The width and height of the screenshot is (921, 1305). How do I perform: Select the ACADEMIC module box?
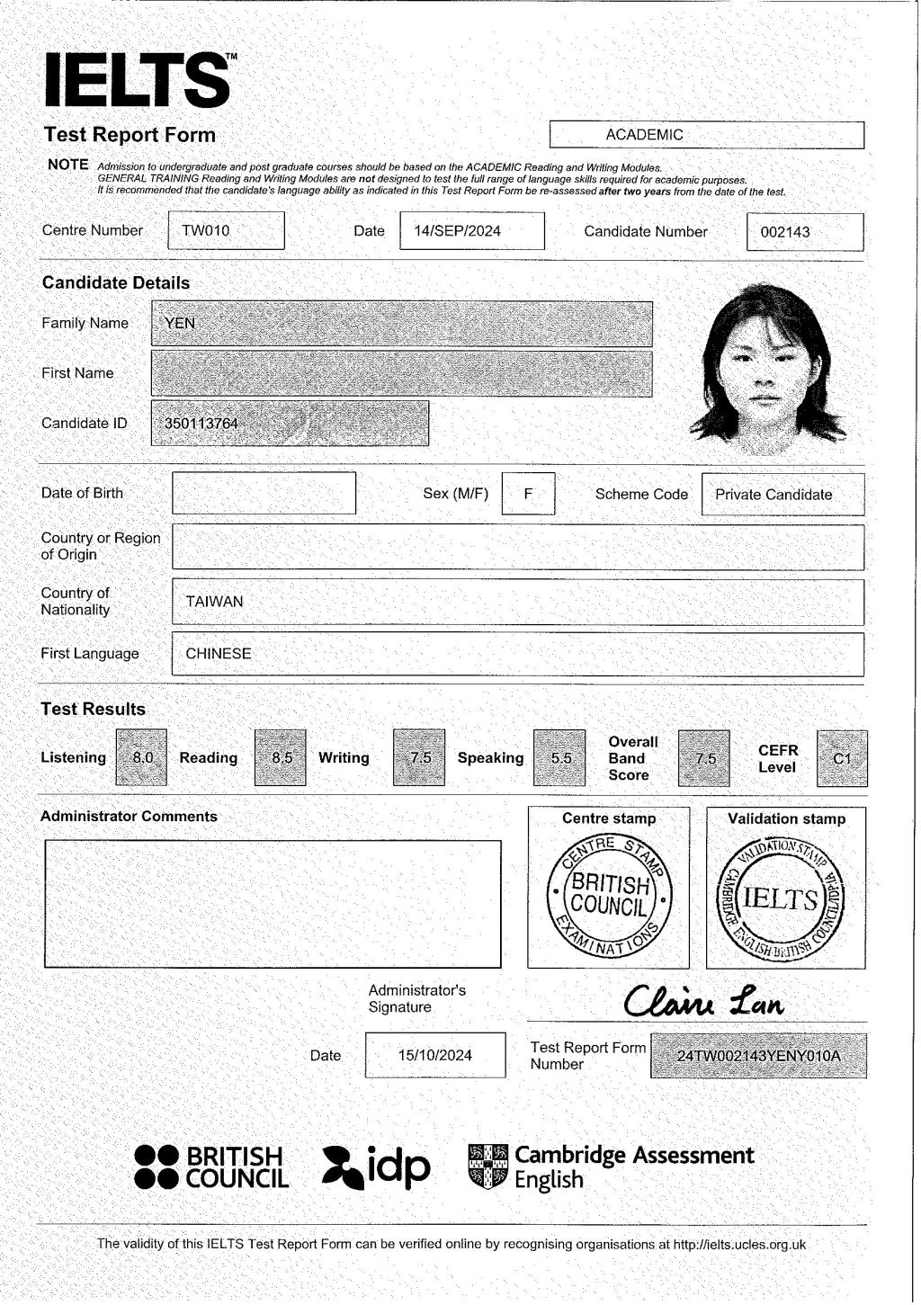pos(706,135)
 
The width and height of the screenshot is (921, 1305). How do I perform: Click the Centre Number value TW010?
pos(206,231)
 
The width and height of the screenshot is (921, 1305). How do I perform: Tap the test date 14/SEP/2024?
pos(457,231)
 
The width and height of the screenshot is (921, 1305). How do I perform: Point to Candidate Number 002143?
pos(785,232)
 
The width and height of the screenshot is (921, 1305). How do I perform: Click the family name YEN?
pos(180,324)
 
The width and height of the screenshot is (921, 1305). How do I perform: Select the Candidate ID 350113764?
pos(201,424)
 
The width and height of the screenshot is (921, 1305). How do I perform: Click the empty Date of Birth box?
pos(264,493)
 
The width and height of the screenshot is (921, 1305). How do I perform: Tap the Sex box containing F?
pos(528,494)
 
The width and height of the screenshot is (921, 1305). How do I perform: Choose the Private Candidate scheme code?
pos(773,495)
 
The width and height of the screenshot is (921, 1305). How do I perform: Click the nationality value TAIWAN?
pos(214,602)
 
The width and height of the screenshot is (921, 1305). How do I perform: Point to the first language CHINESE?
pos(219,654)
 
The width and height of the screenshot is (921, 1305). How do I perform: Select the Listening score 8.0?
pos(142,757)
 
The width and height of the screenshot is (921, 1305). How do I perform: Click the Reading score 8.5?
pos(282,757)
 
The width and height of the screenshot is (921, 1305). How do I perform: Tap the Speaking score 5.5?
pos(560,758)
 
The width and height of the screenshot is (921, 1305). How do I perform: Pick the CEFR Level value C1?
pos(842,758)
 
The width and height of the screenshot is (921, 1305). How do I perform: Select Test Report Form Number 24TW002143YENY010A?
pos(758,1056)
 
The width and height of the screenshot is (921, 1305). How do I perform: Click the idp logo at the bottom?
pos(376,1166)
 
